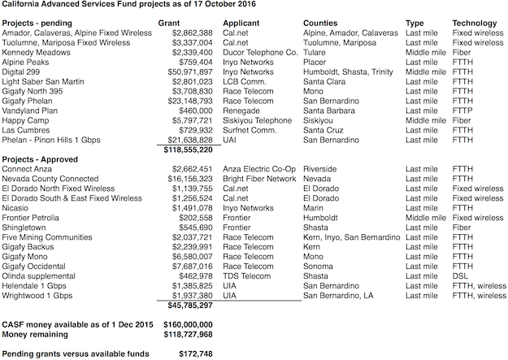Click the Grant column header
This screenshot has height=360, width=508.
coord(192,23)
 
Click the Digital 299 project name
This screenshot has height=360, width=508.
coord(24,72)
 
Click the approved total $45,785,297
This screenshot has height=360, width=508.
coord(190,306)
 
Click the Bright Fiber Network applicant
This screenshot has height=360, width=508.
coord(260,176)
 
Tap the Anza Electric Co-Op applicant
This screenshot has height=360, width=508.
coord(259,167)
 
